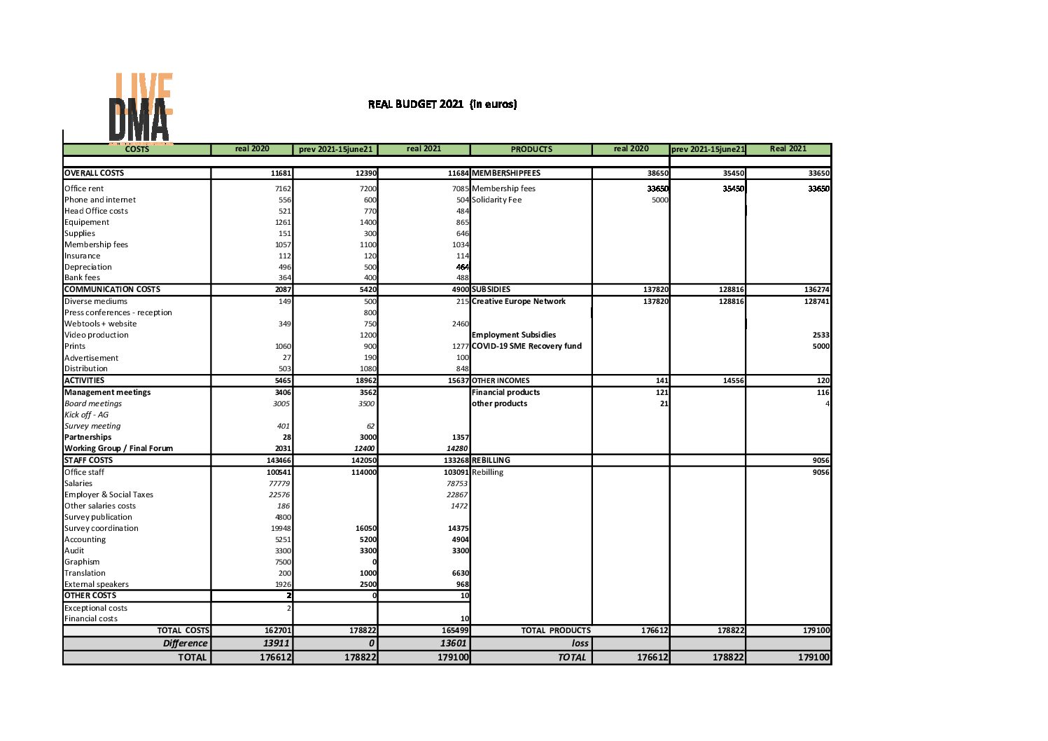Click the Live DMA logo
tap(141, 108)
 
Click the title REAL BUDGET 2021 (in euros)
tap(442, 104)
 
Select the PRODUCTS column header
tap(531, 149)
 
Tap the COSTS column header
tap(137, 149)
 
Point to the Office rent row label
tap(84, 188)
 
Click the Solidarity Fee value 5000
tap(659, 200)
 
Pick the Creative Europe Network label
tap(519, 301)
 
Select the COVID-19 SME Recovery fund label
tap(526, 346)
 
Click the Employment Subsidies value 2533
tap(820, 335)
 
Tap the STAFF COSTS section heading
tap(88, 460)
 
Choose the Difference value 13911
tap(276, 643)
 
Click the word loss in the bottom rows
tap(580, 643)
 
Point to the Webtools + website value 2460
tap(460, 324)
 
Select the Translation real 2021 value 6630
tap(460, 573)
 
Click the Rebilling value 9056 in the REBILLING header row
tap(820, 460)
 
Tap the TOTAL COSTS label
tap(183, 630)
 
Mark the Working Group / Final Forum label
tap(118, 448)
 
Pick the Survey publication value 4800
tap(283, 517)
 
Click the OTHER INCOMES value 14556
tap(733, 380)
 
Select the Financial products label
tap(505, 392)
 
